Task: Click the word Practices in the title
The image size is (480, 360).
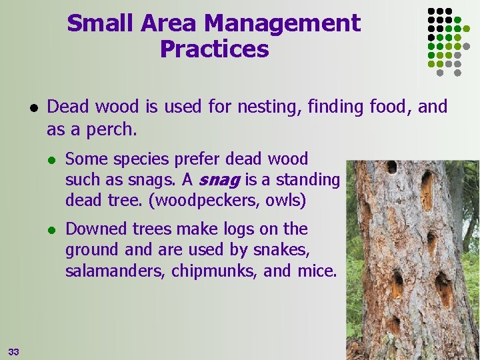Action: [x=215, y=49]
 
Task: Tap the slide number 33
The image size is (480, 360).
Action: [x=14, y=351]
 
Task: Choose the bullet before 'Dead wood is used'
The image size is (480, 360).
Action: [x=33, y=107]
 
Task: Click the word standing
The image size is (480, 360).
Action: [x=307, y=180]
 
